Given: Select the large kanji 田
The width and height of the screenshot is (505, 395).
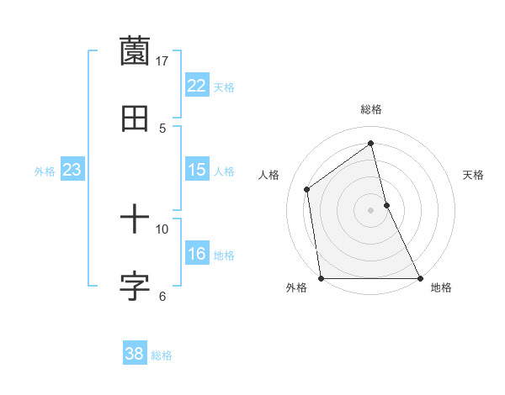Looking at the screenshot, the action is tap(135, 118).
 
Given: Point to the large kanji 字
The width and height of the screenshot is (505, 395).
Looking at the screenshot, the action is tap(135, 287).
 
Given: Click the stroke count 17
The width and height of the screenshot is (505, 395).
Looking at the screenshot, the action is tap(162, 61).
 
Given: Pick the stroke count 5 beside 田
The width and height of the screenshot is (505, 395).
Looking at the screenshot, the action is tap(162, 128).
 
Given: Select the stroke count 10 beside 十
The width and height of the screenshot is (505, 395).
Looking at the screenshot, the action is tap(162, 229).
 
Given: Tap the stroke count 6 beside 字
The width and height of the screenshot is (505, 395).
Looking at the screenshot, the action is tap(162, 296).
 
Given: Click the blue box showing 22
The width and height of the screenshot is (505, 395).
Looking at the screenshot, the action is tap(197, 86).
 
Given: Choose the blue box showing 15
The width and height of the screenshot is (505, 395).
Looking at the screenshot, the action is tap(197, 170).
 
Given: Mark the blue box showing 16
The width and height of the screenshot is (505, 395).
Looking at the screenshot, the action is tap(197, 254).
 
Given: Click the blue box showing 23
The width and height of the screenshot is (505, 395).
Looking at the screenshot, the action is tap(72, 170).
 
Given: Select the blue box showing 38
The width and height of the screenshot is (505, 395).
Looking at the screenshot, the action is tap(135, 354).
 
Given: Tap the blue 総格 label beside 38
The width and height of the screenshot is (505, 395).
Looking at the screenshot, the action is tap(162, 355).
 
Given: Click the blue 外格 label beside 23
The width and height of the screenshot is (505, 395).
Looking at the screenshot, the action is tap(45, 171).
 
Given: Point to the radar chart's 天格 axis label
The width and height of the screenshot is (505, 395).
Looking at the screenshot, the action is tap(473, 175).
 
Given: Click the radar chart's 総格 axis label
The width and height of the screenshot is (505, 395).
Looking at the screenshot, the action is tap(371, 109).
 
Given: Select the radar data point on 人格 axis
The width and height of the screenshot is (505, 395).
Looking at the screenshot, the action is tap(307, 189).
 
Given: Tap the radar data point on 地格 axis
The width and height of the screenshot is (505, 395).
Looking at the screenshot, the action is tap(419, 277).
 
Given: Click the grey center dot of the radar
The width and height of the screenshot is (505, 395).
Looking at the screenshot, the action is tap(371, 210).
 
